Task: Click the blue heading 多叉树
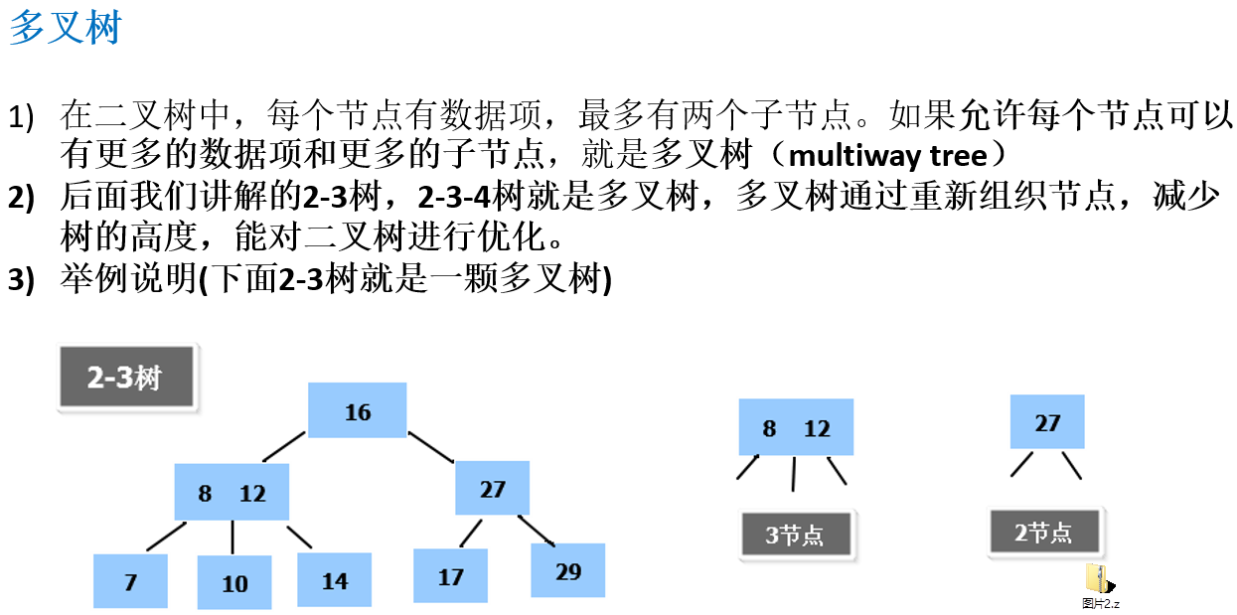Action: coord(65,28)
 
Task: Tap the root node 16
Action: coord(357,410)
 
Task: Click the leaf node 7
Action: coord(130,581)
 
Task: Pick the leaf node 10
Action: coord(234,582)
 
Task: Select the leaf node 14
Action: coord(335,580)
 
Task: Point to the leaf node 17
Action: coord(451,576)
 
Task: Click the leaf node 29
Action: coord(568,570)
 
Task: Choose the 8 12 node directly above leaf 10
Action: coord(232,492)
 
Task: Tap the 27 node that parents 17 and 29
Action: coord(493,488)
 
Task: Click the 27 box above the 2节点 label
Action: coord(1047,422)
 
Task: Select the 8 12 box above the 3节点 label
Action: coord(796,427)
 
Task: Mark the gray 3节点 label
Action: coord(796,537)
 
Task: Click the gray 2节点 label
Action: coord(1044,532)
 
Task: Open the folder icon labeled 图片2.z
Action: coord(1098,579)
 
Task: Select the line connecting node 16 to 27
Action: coord(430,446)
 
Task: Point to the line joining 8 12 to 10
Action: coord(232,538)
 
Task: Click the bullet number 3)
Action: coord(22,281)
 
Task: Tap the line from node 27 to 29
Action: coord(537,530)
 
